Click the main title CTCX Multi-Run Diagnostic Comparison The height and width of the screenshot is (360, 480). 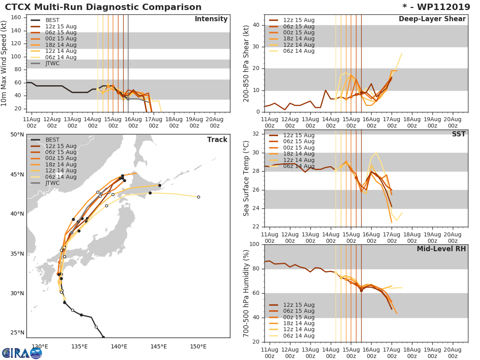103,7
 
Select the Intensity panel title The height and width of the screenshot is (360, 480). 211,19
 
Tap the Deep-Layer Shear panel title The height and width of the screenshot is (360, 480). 432,19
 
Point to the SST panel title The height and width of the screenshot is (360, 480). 458,134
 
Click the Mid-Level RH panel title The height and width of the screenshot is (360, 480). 441,249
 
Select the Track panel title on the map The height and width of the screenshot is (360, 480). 217,140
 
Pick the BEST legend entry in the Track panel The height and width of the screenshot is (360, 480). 52,140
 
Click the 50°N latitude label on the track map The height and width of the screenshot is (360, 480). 17,134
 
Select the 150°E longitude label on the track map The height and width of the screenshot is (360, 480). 198,346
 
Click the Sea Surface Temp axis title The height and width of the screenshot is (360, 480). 246,178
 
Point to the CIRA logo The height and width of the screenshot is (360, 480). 22,353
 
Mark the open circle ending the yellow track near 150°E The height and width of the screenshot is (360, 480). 198,197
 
